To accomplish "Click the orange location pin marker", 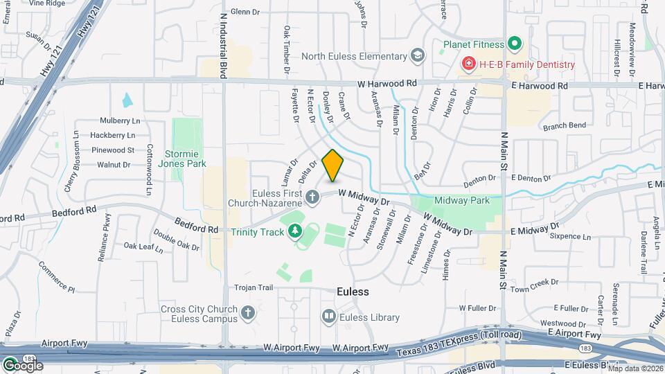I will (x=333, y=165).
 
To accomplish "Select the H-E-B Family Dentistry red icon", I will (x=468, y=64).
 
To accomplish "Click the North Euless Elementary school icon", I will (x=417, y=56).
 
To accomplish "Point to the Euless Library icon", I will (x=328, y=317).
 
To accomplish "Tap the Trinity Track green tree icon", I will (x=296, y=231).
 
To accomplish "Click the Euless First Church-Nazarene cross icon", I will (x=312, y=198).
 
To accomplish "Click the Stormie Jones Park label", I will (x=182, y=159).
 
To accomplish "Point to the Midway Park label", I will (x=462, y=200).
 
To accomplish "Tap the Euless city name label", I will (x=353, y=292).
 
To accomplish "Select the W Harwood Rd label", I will (x=388, y=83).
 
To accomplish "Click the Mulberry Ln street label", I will (x=120, y=121).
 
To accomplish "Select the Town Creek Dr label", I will (x=534, y=283).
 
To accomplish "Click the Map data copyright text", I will (x=635, y=368).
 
